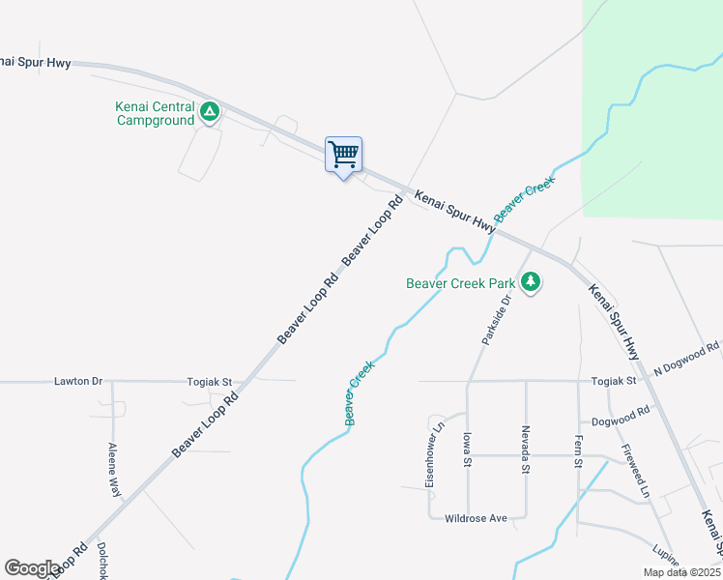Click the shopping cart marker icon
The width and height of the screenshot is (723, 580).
pos(343,155)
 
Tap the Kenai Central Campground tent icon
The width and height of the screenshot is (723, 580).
pos(209,114)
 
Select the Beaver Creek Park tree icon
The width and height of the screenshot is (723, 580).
pos(530,282)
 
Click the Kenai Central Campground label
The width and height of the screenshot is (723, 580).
pos(156,114)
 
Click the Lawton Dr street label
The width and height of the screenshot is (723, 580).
pos(78,382)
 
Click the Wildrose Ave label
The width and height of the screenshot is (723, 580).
pos(476,519)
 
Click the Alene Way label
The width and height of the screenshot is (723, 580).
pos(114,471)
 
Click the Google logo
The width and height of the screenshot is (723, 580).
pos(32,568)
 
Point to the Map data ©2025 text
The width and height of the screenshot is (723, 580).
pos(681,572)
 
